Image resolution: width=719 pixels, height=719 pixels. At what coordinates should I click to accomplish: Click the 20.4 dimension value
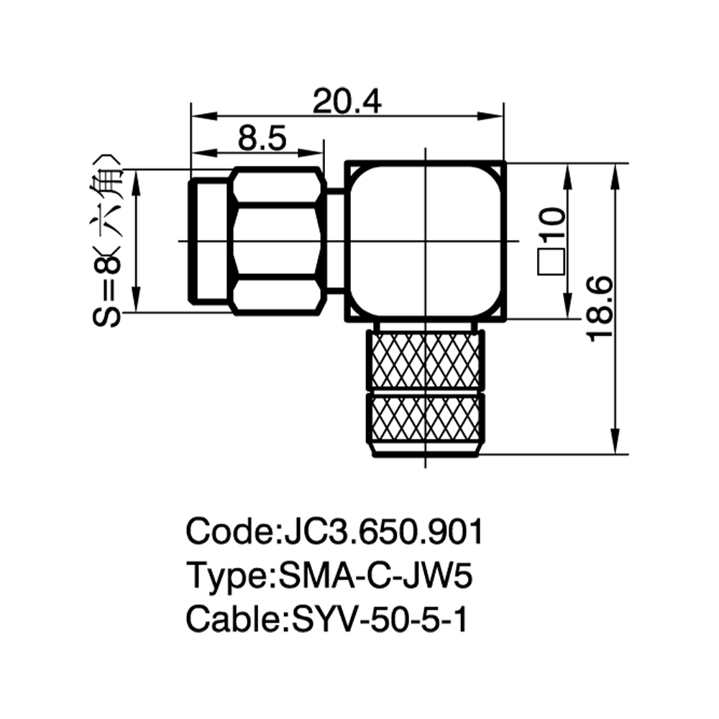click(347, 101)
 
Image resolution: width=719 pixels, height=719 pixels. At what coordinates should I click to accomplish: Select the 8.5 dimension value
click(262, 138)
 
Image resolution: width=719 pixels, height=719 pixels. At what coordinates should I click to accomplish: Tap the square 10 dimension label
click(551, 241)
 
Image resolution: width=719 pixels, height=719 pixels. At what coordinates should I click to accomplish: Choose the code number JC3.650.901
click(383, 532)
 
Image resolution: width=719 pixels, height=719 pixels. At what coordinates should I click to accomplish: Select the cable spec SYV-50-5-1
click(380, 619)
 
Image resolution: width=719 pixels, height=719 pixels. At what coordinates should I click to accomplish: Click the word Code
click(230, 532)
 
